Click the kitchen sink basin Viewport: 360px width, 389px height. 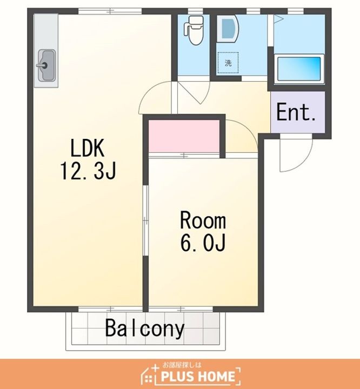[46, 65]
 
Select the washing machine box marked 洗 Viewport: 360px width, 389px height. [228, 63]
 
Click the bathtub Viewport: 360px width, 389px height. [299, 69]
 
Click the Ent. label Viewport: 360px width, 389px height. [296, 112]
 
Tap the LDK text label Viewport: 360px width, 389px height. [87, 148]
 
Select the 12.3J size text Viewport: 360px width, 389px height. [88, 171]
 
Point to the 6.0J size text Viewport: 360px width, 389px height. [203, 243]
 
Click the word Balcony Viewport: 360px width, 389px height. [145, 328]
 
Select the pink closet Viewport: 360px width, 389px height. [184, 136]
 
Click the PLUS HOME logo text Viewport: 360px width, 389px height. [198, 377]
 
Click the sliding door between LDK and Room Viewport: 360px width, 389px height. [146, 220]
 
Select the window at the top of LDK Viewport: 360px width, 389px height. [110, 11]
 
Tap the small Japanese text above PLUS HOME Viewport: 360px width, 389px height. [182, 365]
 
